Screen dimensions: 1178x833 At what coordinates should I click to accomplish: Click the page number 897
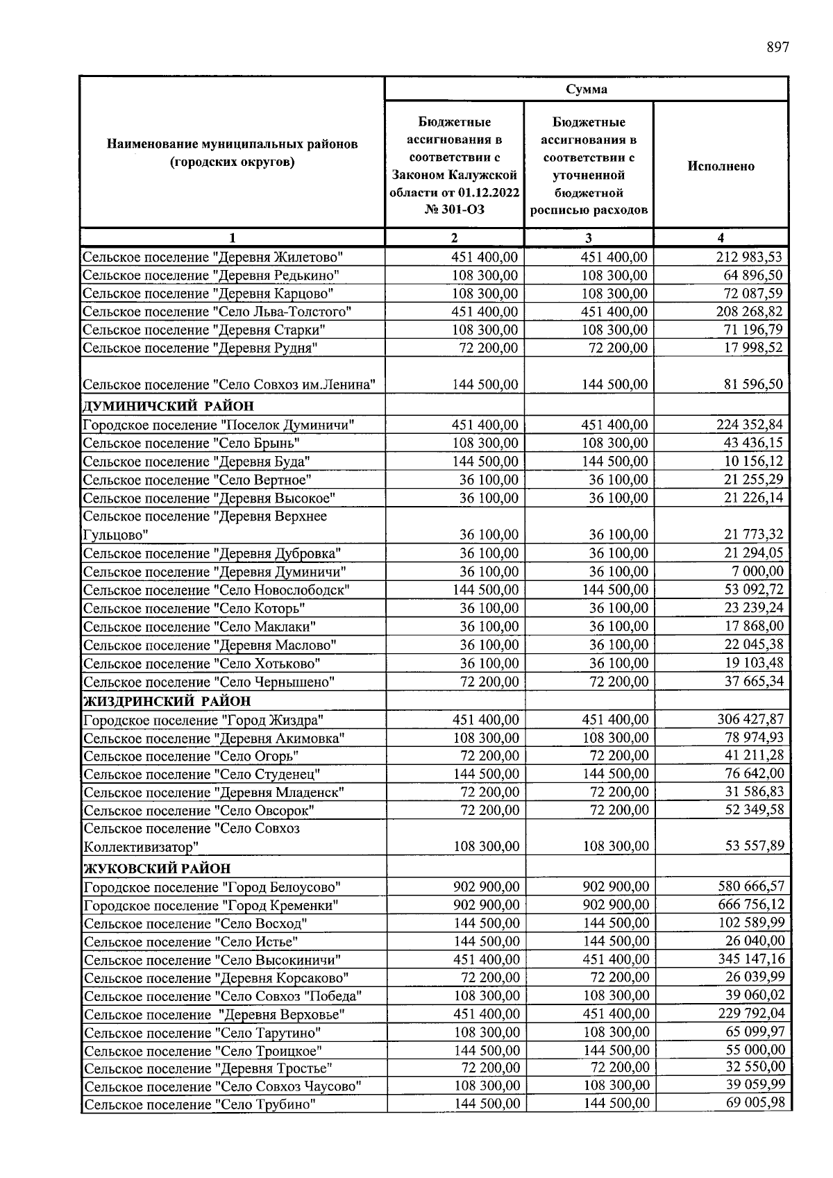777,47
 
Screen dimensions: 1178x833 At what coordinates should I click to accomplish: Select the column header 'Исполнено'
721,167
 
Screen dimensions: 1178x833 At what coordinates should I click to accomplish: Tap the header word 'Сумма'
586,89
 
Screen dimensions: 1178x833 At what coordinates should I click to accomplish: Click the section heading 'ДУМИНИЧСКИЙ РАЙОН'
168,406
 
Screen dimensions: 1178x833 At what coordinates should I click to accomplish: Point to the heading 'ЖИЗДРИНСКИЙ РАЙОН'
167,701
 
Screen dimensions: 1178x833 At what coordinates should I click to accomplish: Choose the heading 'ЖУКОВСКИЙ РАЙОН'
157,868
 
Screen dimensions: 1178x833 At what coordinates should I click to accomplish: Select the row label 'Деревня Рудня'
200,348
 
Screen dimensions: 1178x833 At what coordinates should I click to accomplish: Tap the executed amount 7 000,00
754,571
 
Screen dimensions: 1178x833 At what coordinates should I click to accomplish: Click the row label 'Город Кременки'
211,905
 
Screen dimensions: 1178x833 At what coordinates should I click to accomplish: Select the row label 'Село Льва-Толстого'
217,312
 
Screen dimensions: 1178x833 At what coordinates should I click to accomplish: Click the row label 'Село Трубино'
200,1104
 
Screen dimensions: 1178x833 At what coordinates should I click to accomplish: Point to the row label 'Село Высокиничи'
212,960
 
